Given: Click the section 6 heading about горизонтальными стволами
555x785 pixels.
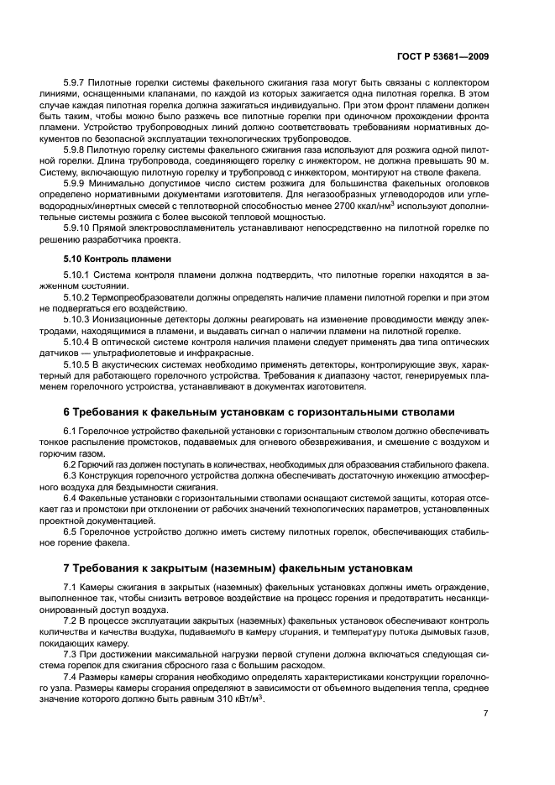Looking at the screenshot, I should [x=259, y=412].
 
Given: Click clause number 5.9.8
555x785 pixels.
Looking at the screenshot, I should [x=76, y=148].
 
